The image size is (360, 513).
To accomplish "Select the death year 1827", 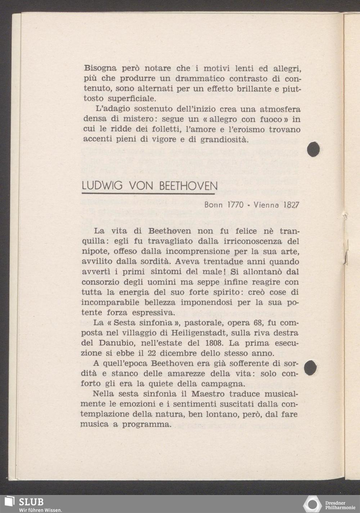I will tap(291, 205).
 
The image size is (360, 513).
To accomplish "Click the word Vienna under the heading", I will tap(267, 205).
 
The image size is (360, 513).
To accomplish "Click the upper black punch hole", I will tap(314, 149).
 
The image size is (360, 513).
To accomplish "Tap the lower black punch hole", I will tap(311, 368).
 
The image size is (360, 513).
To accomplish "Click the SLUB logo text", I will tap(31, 502).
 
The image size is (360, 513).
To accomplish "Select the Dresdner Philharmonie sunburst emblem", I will tap(312, 504).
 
